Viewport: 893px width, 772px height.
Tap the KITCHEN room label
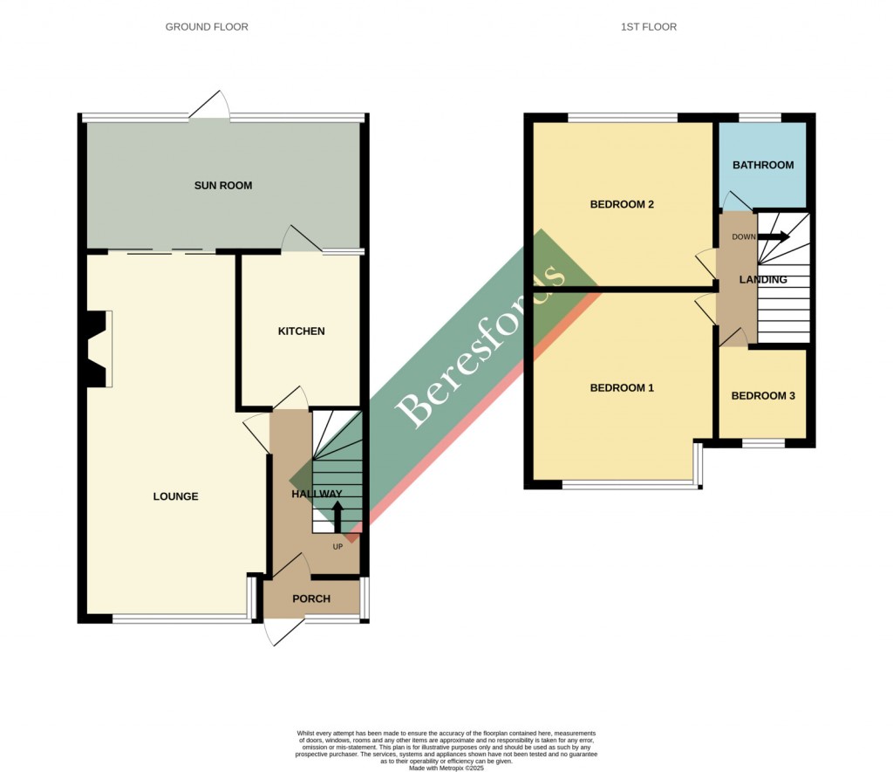[x=301, y=331]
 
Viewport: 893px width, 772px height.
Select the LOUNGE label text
[x=175, y=496]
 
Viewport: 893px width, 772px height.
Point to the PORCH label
[x=311, y=598]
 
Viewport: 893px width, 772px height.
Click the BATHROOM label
[x=763, y=165]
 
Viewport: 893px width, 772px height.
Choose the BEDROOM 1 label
[x=622, y=387]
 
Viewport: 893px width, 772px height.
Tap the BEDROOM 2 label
[x=622, y=205]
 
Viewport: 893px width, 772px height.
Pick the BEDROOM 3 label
[x=763, y=395]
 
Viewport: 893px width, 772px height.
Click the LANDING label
[x=763, y=280]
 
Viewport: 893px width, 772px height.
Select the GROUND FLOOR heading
[x=207, y=27]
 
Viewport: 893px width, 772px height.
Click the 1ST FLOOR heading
[x=648, y=27]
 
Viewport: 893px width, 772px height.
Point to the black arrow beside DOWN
[x=774, y=236]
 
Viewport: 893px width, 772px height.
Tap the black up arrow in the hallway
[x=337, y=516]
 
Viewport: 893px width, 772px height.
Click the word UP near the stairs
[x=338, y=547]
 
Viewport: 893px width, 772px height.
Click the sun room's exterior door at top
[x=210, y=106]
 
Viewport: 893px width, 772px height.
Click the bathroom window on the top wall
[x=760, y=117]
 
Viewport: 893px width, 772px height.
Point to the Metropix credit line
[x=446, y=766]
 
